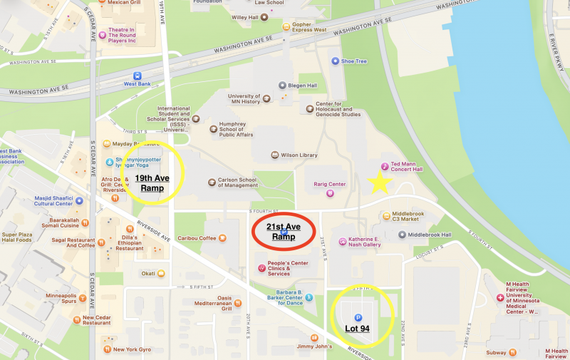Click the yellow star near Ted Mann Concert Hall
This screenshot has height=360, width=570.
(x=380, y=183)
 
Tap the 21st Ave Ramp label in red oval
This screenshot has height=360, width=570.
(x=284, y=231)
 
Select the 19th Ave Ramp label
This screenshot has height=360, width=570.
(x=148, y=183)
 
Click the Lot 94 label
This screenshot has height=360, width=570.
(x=362, y=329)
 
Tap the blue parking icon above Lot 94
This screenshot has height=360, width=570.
(x=358, y=317)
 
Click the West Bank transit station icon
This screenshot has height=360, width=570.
(x=137, y=75)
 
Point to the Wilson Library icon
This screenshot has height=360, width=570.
(x=275, y=155)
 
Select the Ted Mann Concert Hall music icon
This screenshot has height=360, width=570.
(x=385, y=165)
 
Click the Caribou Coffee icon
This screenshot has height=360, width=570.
(x=223, y=237)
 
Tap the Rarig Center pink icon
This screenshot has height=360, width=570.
(x=330, y=192)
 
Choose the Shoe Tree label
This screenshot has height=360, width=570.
(x=353, y=61)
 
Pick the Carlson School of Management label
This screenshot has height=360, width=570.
(x=238, y=182)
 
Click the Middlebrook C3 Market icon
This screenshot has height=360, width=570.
(x=387, y=215)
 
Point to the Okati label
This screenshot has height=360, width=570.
(x=148, y=273)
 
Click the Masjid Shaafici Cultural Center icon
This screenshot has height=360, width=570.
(x=79, y=200)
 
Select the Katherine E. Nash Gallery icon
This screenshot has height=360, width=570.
(x=342, y=242)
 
